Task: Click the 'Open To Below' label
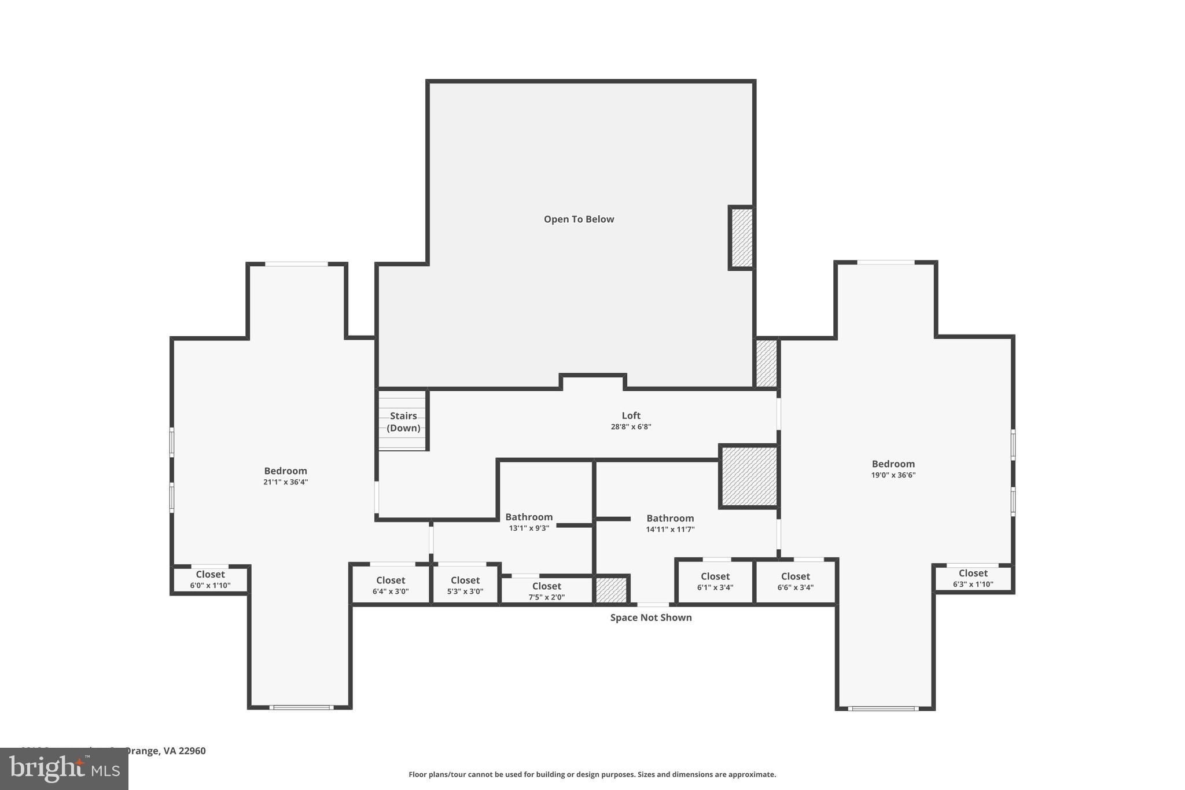(579, 219)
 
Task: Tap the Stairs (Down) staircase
(403, 421)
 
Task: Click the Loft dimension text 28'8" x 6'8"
(631, 427)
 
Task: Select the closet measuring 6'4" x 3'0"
(391, 585)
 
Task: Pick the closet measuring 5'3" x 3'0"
(465, 585)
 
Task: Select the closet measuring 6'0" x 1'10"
(210, 579)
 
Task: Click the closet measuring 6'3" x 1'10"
(973, 578)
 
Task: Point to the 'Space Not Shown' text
(651, 618)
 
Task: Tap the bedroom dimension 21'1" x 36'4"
(285, 482)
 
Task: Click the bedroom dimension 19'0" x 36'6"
(893, 475)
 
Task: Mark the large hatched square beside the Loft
(749, 476)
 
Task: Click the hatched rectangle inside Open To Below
(742, 238)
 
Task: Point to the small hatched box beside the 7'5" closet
(612, 590)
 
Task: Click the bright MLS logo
(64, 769)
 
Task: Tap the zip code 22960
(192, 751)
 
